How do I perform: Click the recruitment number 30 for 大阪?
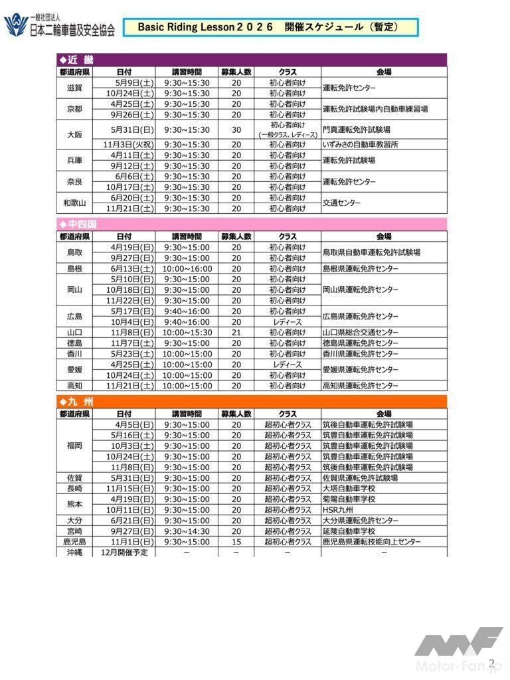click(x=236, y=129)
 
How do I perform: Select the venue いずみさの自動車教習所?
click(x=361, y=145)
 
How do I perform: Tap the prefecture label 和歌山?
click(x=74, y=203)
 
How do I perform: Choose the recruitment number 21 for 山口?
click(x=236, y=333)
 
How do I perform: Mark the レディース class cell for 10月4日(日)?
click(x=288, y=322)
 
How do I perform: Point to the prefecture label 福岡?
click(x=74, y=446)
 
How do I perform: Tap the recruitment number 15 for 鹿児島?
click(x=236, y=542)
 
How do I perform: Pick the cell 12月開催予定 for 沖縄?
click(x=124, y=552)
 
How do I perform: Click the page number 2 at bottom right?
click(x=491, y=662)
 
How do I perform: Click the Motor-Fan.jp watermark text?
click(x=459, y=666)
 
